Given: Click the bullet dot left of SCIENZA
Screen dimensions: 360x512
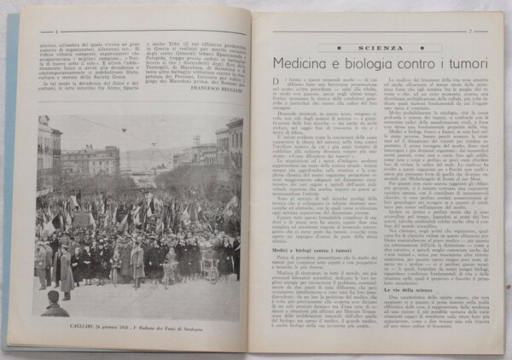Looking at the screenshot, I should [338, 49].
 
